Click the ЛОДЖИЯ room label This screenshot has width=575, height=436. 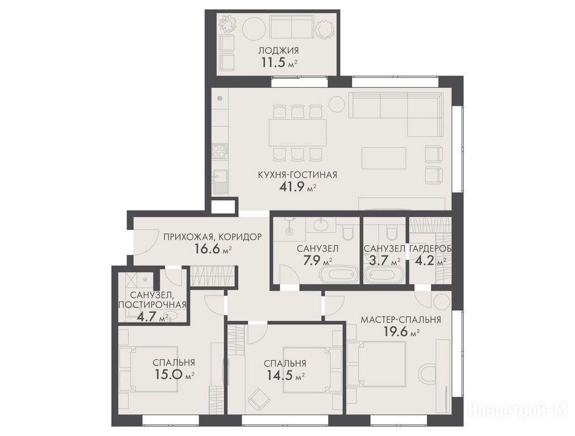click(278, 51)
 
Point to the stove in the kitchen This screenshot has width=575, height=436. click(221, 151)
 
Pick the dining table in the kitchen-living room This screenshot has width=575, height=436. click(297, 132)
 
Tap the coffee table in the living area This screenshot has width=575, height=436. click(383, 158)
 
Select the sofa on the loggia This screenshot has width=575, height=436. click(291, 27)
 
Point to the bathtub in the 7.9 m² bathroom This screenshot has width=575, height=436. click(338, 275)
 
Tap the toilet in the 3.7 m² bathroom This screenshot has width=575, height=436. click(391, 231)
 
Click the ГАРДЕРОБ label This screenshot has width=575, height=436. click(430, 249)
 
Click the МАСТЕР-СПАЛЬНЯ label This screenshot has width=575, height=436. click(401, 319)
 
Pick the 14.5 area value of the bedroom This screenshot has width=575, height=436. click(282, 376)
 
